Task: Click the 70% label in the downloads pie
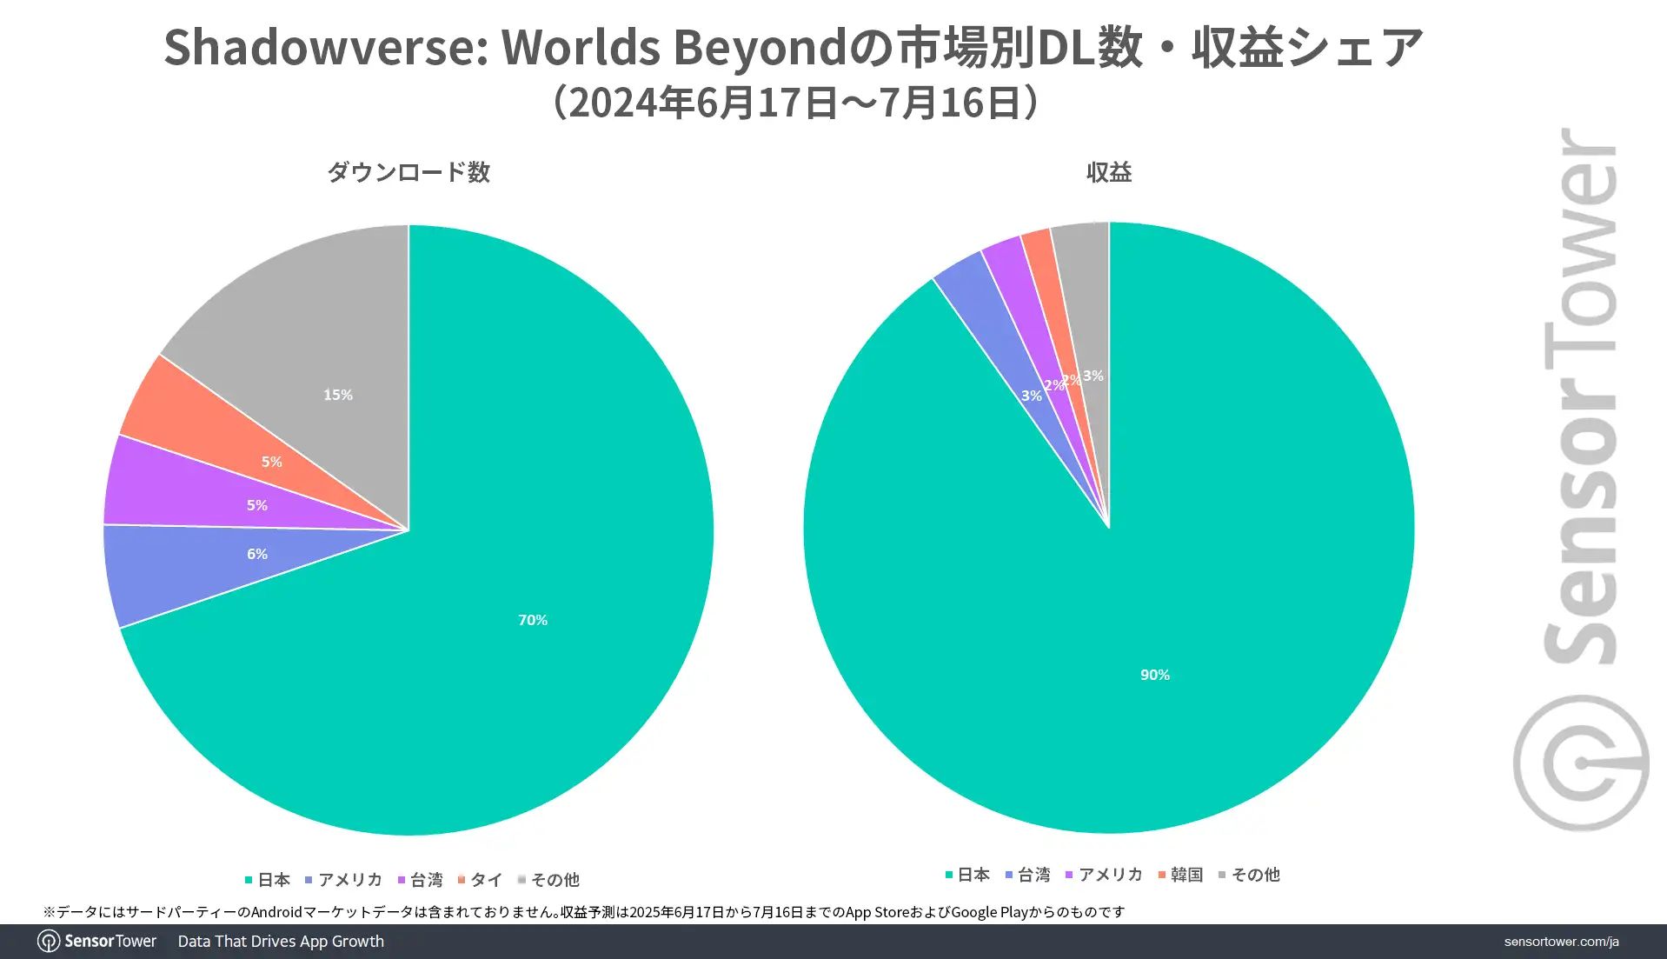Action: coord(533,620)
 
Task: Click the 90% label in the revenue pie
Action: coord(1155,675)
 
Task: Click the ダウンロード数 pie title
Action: coord(408,172)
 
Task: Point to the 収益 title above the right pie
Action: coord(1109,172)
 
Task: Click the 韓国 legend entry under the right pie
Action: coord(1181,875)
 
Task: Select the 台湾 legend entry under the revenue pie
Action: coord(1028,875)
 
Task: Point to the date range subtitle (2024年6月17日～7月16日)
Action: coord(795,103)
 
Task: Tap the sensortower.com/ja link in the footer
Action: coord(1561,942)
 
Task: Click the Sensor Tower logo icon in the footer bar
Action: coord(49,942)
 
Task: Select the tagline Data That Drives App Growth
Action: coord(281,942)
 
